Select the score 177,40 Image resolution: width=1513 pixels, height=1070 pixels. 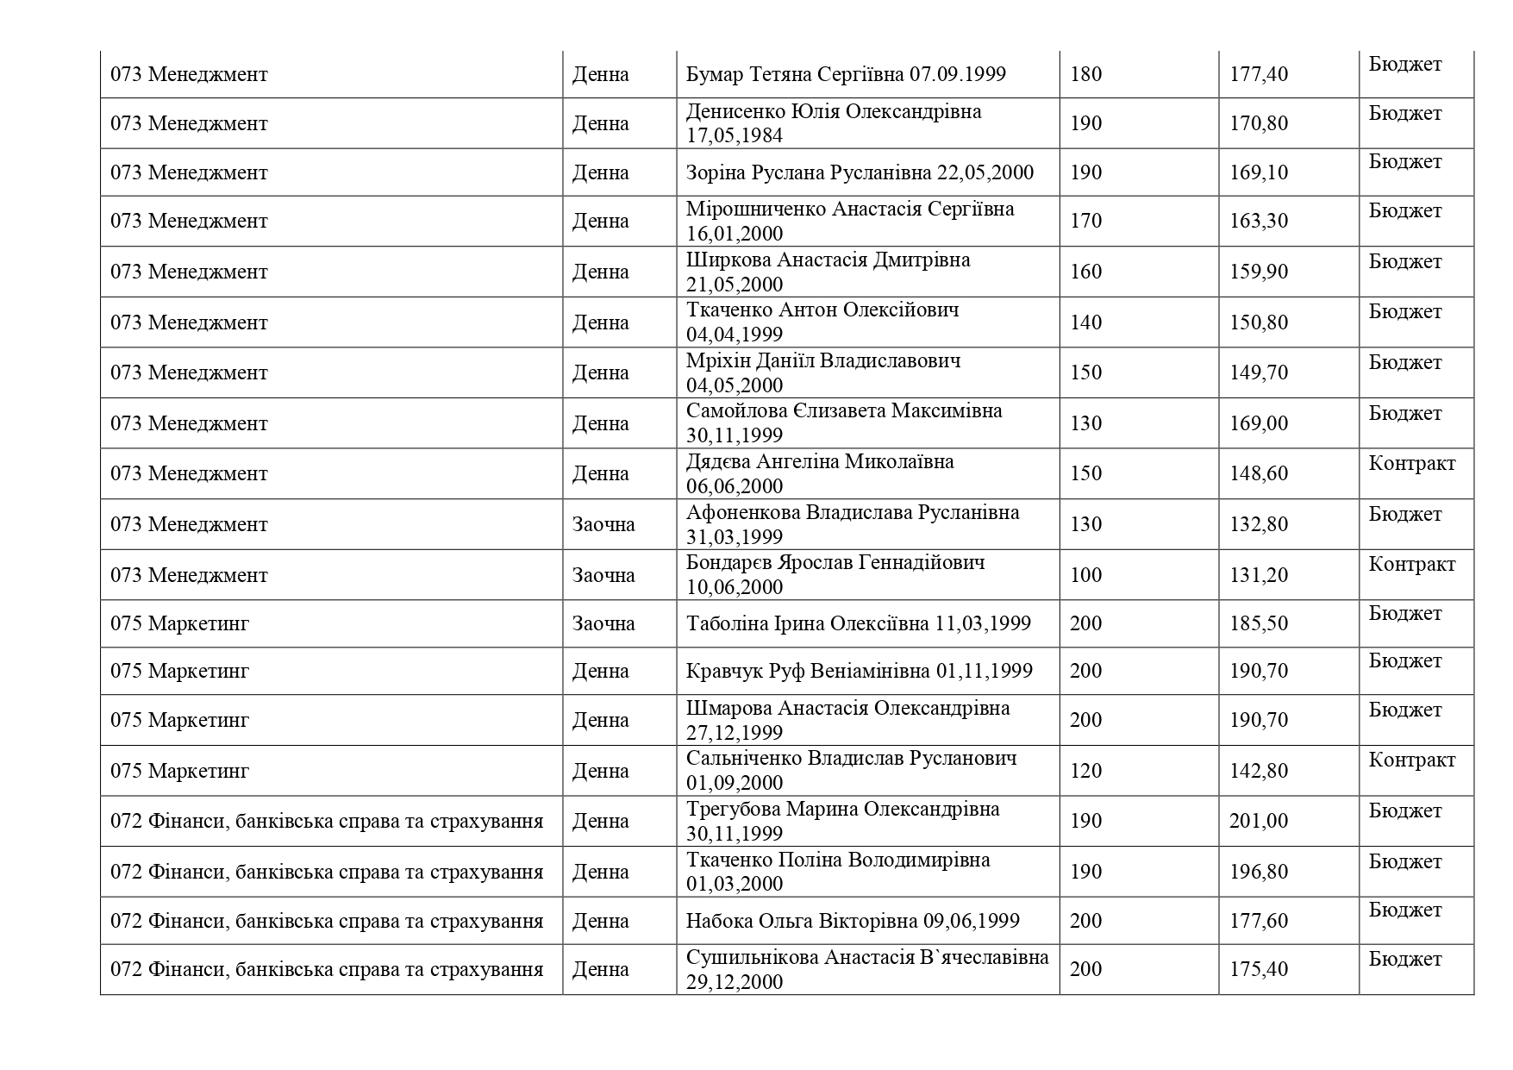(1258, 74)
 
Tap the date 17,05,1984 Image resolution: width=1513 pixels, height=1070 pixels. (735, 136)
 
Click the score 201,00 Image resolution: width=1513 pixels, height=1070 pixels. (1258, 821)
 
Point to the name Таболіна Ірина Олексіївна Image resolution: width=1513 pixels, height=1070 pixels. (807, 623)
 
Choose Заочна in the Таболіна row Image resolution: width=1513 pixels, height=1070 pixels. (603, 623)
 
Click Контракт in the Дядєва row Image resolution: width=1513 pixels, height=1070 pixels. (1411, 464)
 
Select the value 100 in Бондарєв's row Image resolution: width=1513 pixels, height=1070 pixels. (1085, 575)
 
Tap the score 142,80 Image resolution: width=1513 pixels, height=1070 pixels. (1258, 771)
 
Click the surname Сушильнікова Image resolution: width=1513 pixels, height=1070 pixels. (752, 957)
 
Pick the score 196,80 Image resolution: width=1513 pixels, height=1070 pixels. (1258, 872)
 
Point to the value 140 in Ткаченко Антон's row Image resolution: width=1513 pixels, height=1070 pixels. (1085, 322)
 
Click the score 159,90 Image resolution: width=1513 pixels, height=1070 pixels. (1258, 272)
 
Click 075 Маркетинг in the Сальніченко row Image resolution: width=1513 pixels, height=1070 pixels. (179, 771)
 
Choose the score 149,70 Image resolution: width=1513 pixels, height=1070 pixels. (1258, 372)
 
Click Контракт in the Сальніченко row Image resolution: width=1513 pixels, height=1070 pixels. (1411, 760)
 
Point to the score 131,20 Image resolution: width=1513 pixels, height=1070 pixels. (1258, 575)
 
